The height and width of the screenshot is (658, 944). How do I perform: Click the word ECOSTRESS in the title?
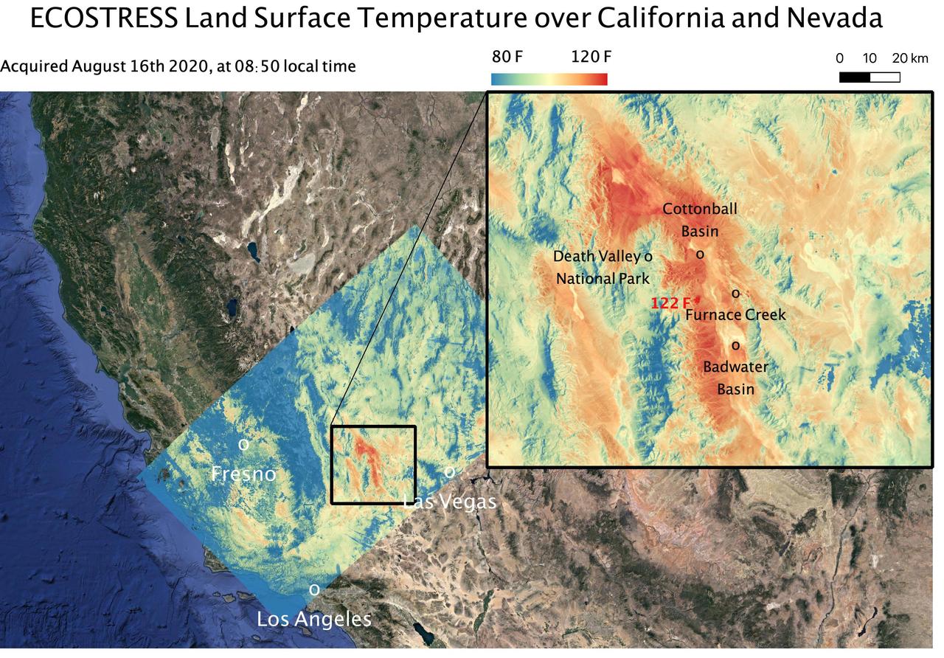tap(103, 18)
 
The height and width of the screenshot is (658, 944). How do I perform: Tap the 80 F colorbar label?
tap(507, 57)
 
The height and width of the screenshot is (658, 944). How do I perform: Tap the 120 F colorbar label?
tap(591, 57)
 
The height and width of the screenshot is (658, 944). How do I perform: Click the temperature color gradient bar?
tap(549, 79)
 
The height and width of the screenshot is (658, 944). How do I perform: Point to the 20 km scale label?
tap(910, 58)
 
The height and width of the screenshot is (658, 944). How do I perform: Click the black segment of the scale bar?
tap(854, 77)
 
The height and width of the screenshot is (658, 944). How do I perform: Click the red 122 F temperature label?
tap(670, 302)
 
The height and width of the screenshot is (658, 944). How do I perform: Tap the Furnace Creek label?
tap(735, 315)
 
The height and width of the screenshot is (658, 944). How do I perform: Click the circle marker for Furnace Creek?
tap(735, 294)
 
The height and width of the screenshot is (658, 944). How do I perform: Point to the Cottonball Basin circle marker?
tap(700, 254)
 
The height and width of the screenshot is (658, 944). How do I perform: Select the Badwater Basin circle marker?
tap(735, 345)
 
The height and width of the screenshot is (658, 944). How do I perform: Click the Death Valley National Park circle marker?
tap(648, 257)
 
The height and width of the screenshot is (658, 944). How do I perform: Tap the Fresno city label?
tap(243, 474)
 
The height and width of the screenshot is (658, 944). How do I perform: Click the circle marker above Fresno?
tap(243, 445)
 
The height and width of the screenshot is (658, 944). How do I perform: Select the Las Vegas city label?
tap(449, 502)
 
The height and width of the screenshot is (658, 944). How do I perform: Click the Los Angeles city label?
tap(313, 619)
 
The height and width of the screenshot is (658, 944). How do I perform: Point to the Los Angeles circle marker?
tap(314, 590)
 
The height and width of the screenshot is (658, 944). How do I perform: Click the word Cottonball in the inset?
tap(699, 209)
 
